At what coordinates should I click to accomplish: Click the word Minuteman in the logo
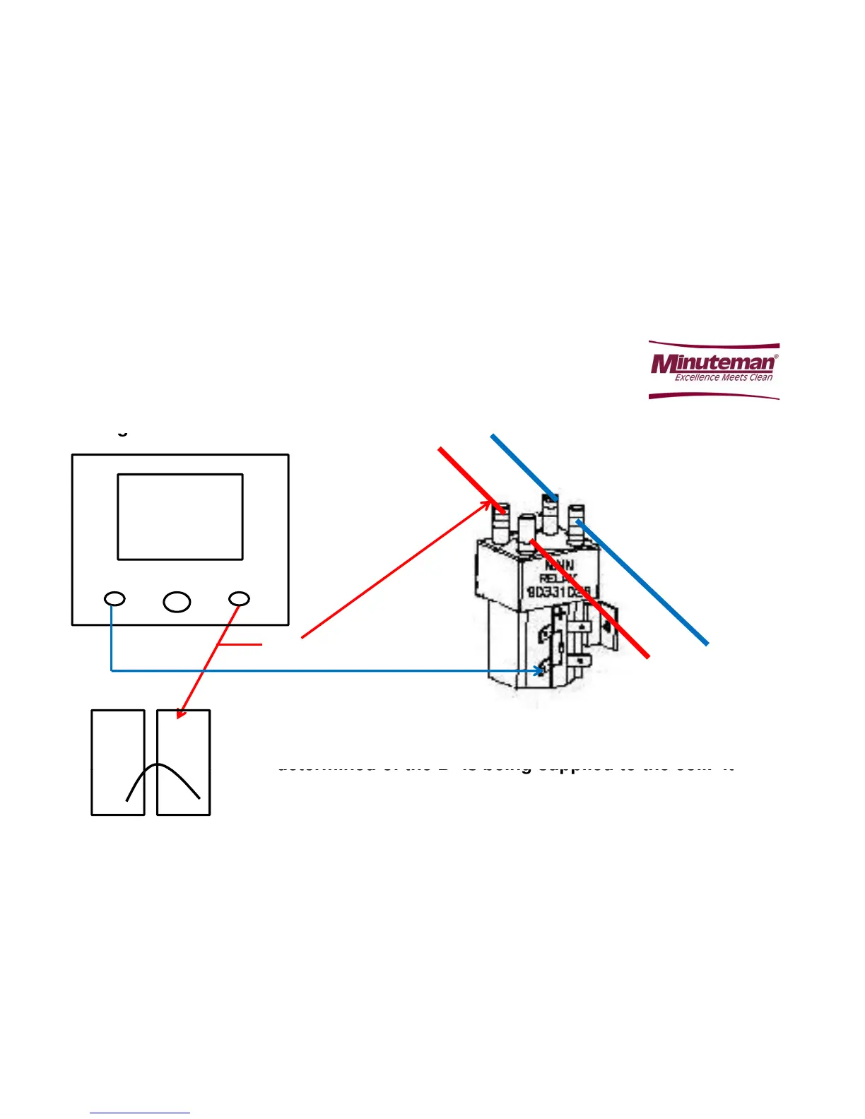[712, 363]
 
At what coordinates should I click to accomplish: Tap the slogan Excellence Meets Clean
[723, 377]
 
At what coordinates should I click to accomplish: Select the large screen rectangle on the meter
[180, 516]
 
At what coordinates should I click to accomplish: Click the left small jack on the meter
[114, 599]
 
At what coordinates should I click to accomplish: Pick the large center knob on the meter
[177, 601]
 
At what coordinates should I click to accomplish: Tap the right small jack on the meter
[239, 599]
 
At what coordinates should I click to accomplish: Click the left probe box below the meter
[118, 762]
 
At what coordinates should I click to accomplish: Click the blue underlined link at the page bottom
[140, 1113]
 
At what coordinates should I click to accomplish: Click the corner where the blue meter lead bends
[112, 670]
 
